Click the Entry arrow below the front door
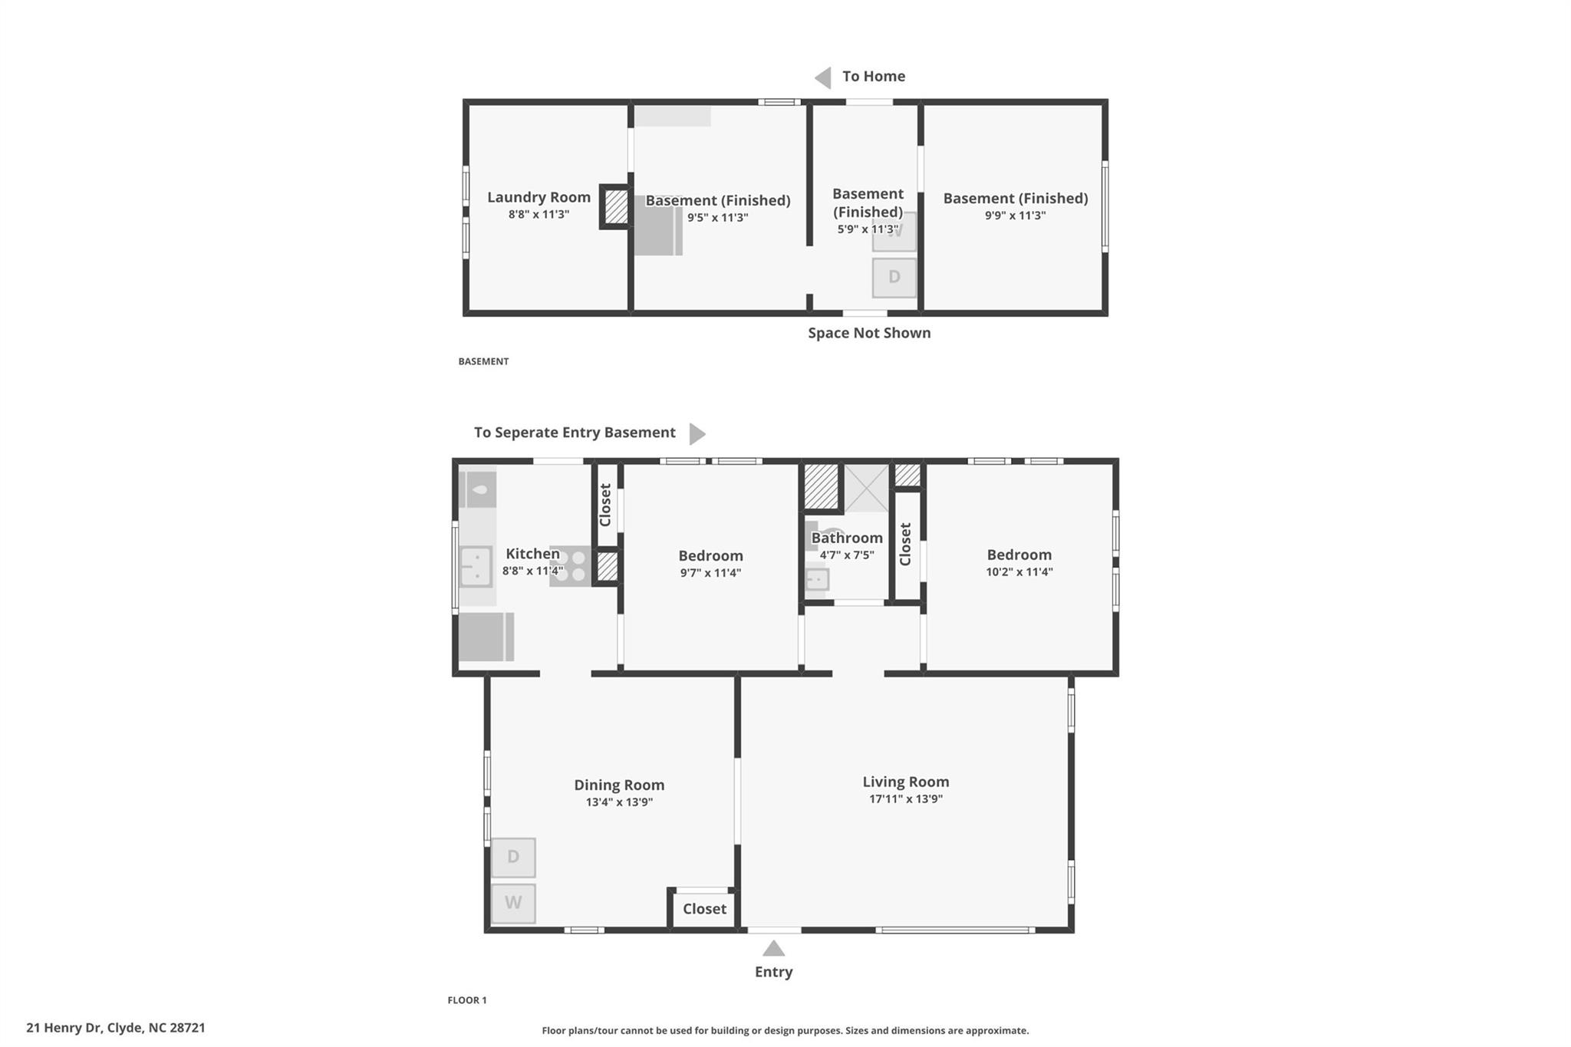point(773,949)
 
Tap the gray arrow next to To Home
point(823,77)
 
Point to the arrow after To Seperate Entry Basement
point(697,433)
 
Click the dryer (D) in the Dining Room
point(513,857)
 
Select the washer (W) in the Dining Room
point(513,903)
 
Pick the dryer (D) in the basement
point(894,277)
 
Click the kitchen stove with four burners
point(571,566)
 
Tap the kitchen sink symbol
point(476,566)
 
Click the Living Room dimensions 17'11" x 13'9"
point(905,798)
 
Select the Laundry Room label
point(538,197)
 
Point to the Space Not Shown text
point(868,333)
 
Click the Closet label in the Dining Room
point(704,909)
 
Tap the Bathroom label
point(847,538)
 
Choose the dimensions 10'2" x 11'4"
point(1019,571)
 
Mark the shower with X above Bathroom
point(867,488)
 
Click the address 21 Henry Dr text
point(116,1027)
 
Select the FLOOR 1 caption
point(467,999)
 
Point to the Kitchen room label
point(532,553)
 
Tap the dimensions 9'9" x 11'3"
point(1015,216)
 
